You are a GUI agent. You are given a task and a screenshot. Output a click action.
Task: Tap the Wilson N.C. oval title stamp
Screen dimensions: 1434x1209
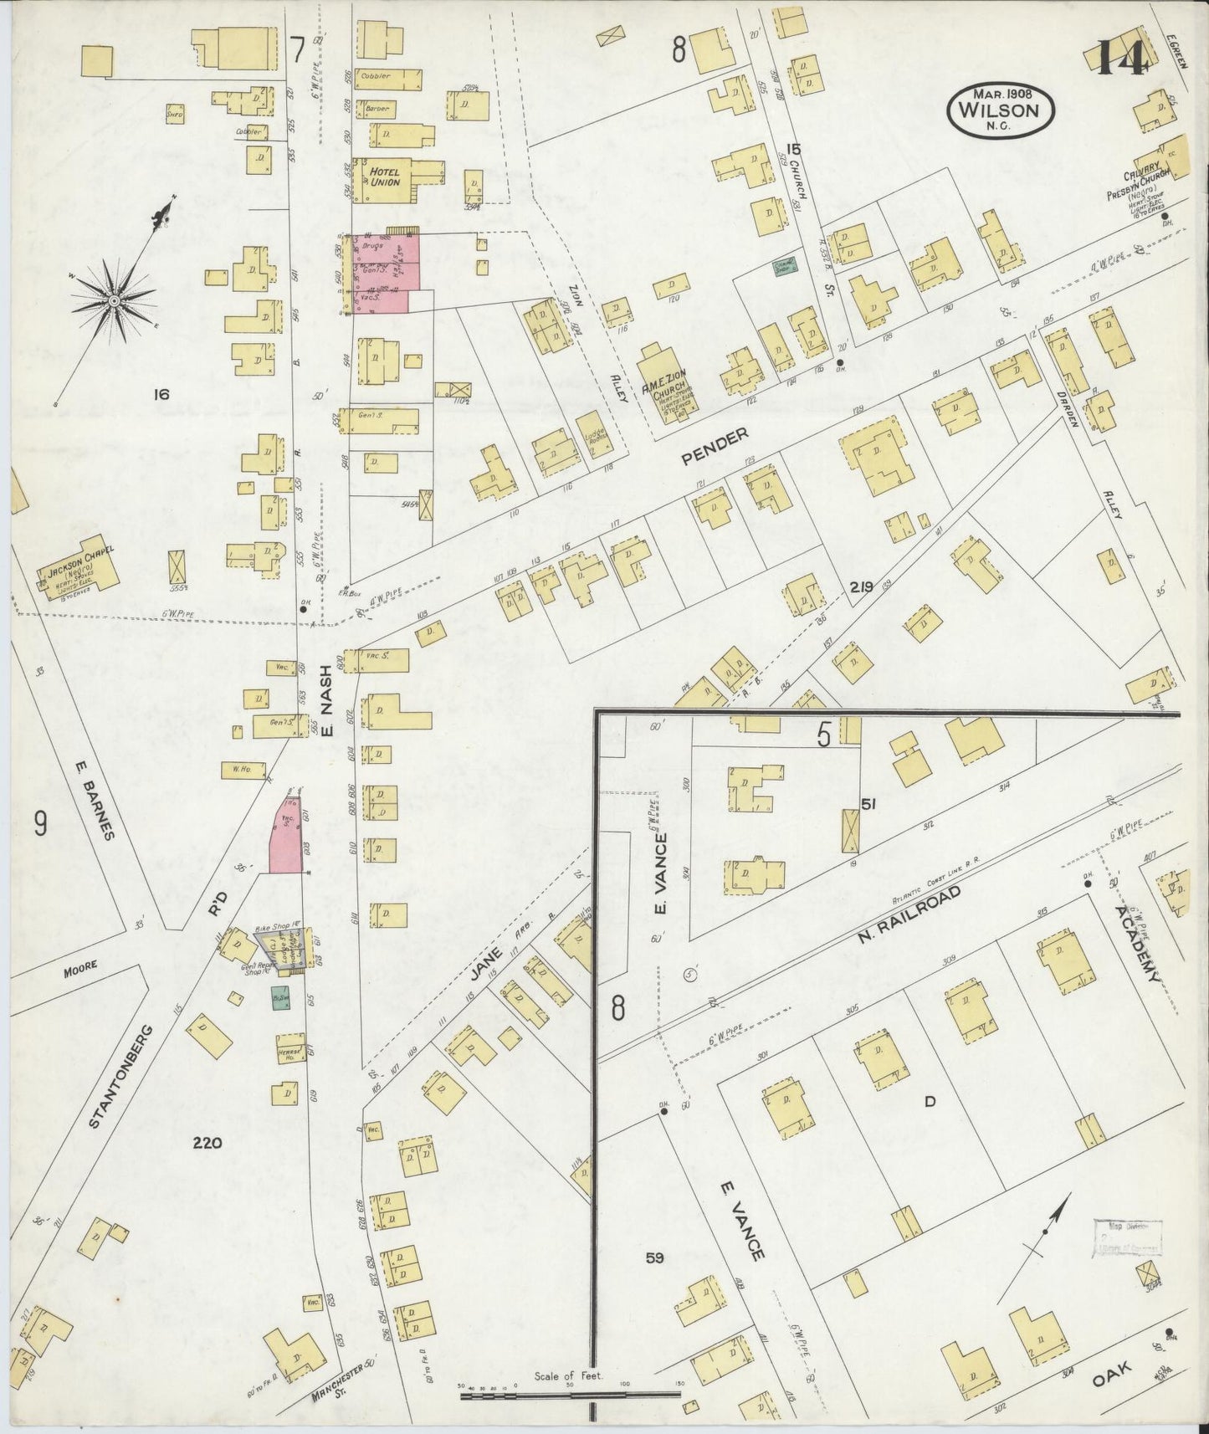[x=1000, y=108]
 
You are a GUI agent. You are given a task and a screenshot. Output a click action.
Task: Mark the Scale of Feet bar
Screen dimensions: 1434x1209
[x=571, y=1391]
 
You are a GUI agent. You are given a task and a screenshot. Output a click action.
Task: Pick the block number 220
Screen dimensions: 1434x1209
[x=207, y=1141]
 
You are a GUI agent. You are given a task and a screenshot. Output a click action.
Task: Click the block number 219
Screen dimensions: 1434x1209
[x=861, y=586]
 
